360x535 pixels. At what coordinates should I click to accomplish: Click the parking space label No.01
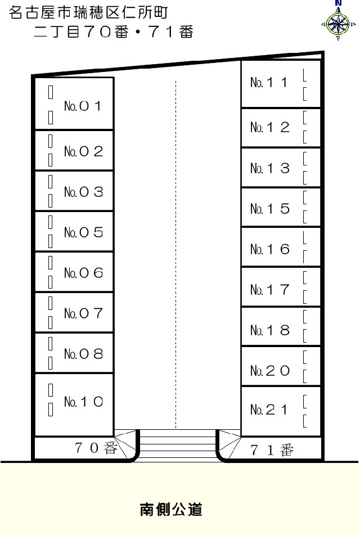[83, 106]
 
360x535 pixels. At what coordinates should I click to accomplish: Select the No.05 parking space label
[84, 232]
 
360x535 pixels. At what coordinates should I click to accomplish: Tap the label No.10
[84, 402]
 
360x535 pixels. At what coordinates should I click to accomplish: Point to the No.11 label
[269, 82]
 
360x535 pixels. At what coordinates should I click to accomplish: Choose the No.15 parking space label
[270, 209]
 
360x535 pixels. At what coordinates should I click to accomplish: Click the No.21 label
[269, 410]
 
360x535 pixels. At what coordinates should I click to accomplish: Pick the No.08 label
[84, 354]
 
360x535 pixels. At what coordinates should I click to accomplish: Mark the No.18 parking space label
[270, 330]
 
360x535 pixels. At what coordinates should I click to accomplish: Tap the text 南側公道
[171, 510]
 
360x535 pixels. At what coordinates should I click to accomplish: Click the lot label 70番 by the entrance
[96, 448]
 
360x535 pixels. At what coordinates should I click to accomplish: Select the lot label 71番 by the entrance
[272, 451]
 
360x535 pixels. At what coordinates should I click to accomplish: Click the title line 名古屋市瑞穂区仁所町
[88, 12]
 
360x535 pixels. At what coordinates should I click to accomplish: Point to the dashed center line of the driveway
[175, 254]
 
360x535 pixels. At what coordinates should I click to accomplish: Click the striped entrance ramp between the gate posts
[177, 446]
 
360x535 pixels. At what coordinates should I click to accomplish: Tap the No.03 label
[84, 192]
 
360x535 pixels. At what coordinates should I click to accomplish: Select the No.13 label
[270, 168]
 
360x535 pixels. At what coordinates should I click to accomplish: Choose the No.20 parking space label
[270, 371]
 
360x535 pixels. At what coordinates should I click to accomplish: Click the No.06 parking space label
[84, 273]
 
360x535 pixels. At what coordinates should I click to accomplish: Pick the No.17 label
[270, 290]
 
